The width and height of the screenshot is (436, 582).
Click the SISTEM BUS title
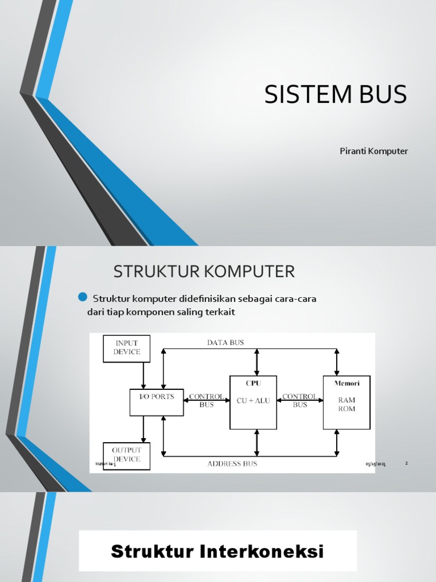(336, 94)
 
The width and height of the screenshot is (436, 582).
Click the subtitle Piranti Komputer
(374, 151)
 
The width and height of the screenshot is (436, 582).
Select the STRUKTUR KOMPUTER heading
(204, 272)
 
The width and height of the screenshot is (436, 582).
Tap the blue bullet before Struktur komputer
(82, 297)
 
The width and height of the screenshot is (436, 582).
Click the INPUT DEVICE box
(127, 348)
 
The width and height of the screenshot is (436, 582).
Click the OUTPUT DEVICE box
(127, 455)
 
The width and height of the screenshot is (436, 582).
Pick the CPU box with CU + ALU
(253, 402)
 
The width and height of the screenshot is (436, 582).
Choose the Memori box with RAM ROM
(346, 402)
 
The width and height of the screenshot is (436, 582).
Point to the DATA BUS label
(225, 343)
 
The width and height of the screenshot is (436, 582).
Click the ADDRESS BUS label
(232, 464)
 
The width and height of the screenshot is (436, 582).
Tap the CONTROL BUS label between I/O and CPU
(206, 401)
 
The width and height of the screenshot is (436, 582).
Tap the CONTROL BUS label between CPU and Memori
(300, 401)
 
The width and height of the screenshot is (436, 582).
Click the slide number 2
(406, 463)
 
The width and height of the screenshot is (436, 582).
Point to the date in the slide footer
(375, 464)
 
